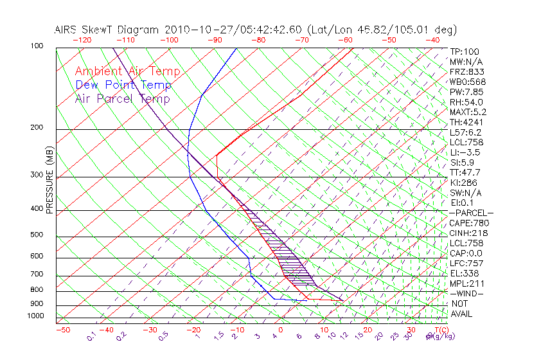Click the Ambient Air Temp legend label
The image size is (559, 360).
[x=127, y=71]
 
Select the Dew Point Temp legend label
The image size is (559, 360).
[x=123, y=85]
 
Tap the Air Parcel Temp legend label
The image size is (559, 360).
[x=122, y=98]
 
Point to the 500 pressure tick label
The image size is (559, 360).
[x=37, y=235]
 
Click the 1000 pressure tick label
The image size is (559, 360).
[x=35, y=316]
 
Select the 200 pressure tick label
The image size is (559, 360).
[x=37, y=127]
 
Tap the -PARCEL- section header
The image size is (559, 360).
[x=471, y=213]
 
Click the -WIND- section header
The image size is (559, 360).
[x=467, y=293]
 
